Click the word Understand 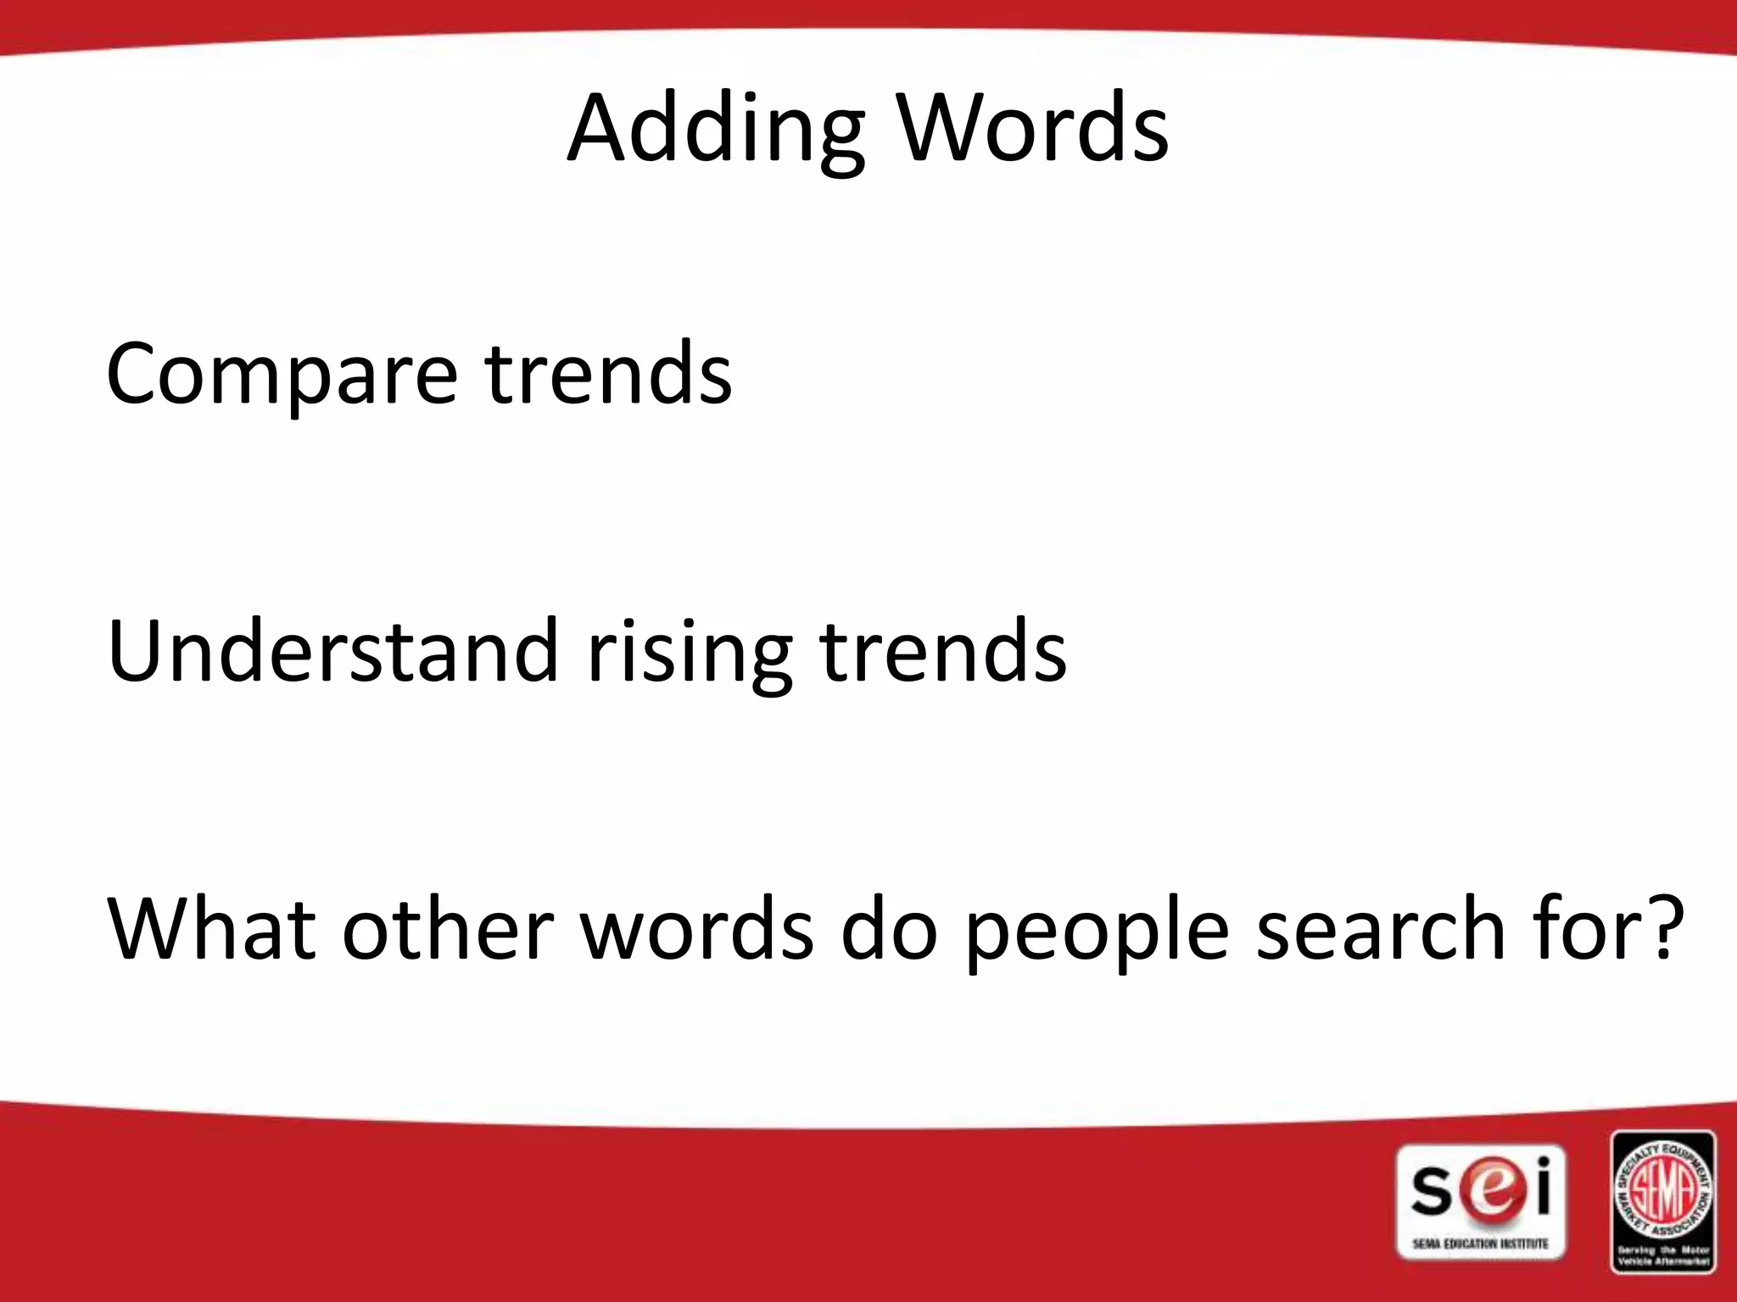coord(332,651)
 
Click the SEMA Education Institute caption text coord(1480,1244)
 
